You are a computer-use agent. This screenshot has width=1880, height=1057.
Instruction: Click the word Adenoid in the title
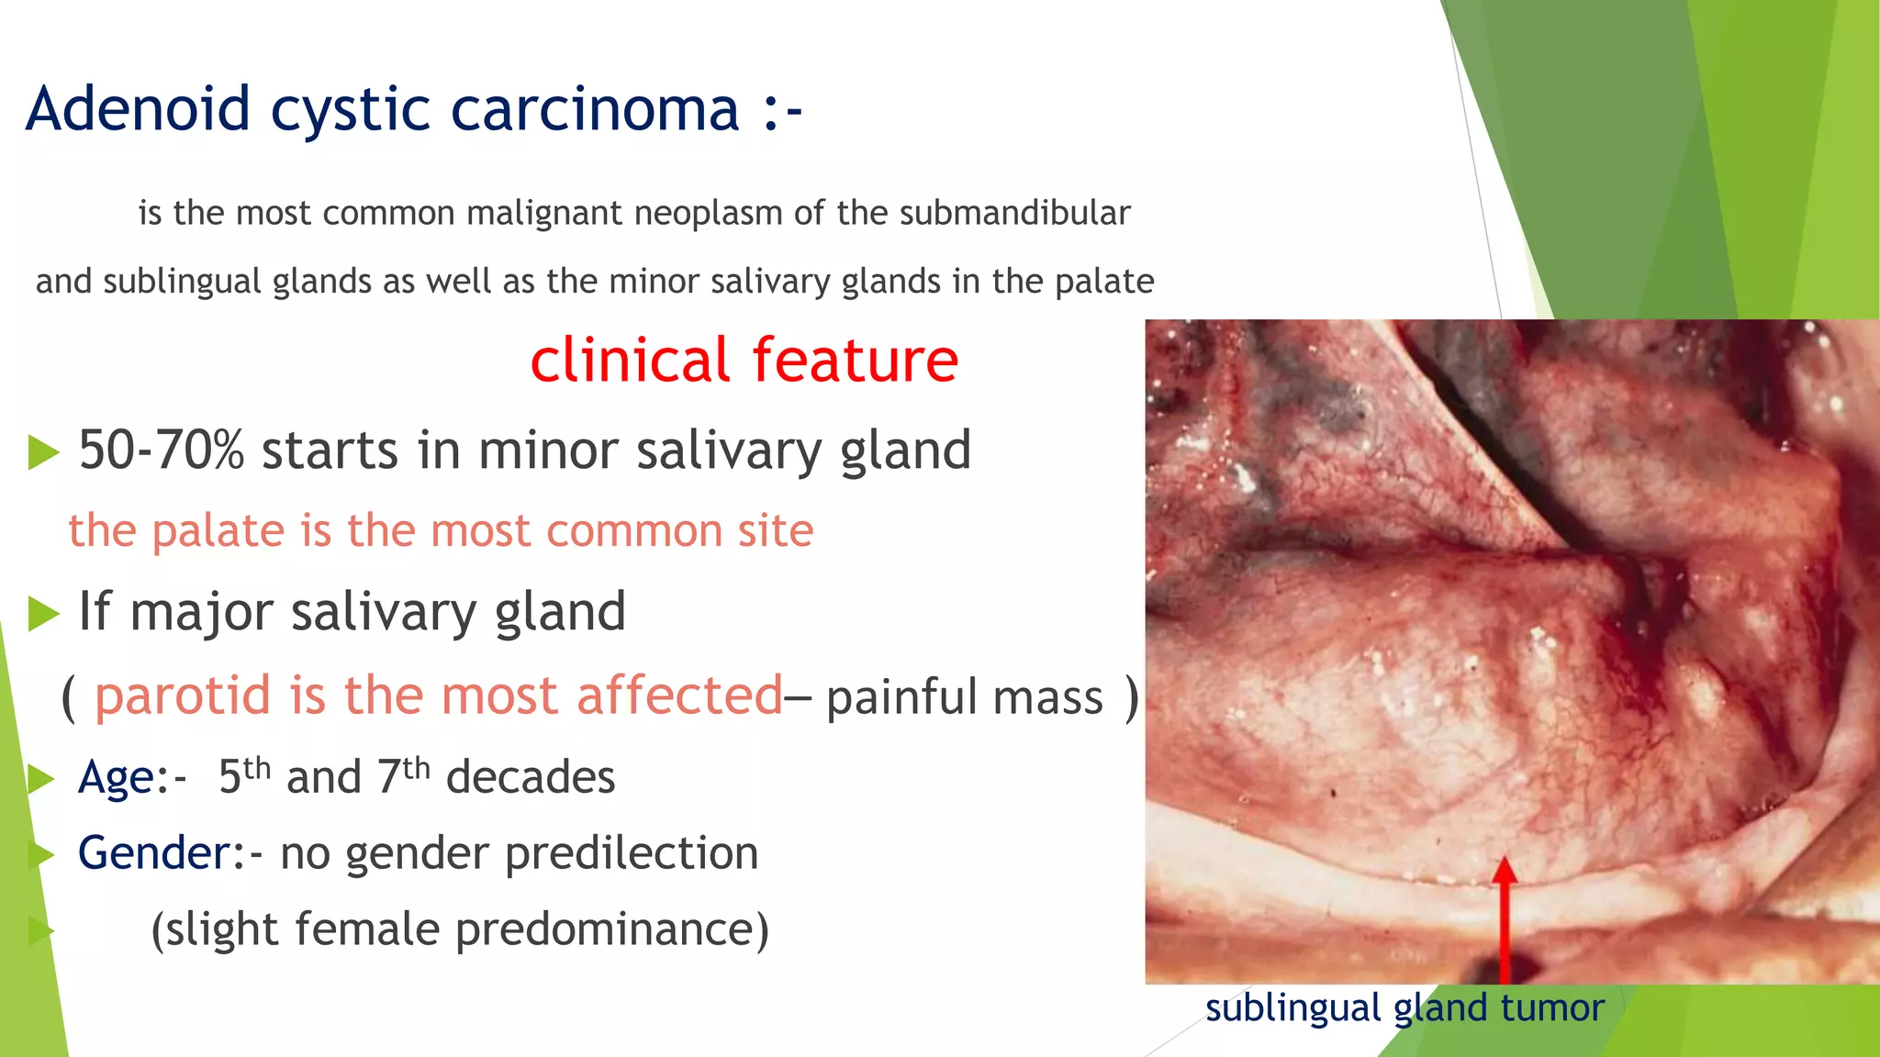coord(138,109)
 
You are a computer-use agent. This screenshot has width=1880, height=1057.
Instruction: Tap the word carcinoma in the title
coord(595,109)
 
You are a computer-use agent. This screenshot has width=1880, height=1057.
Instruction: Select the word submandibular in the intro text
coord(1014,213)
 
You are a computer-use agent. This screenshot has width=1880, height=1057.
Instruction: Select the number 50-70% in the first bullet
coord(162,451)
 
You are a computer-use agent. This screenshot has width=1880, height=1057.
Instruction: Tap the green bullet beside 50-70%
coord(42,452)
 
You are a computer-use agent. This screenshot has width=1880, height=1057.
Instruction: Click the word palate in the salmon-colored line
coord(218,530)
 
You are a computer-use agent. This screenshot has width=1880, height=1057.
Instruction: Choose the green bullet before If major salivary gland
coord(42,614)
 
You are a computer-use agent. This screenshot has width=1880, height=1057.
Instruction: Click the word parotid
coord(185,695)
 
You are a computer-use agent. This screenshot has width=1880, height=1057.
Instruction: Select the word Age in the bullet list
coord(117,778)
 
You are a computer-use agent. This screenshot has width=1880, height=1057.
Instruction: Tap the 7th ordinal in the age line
coord(403,776)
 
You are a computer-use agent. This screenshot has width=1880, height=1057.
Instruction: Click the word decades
coord(531,777)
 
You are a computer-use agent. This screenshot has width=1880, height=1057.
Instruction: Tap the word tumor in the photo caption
coord(1552,1008)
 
